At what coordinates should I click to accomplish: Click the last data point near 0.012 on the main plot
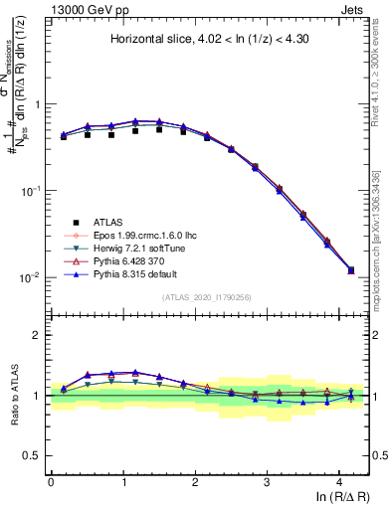(x=350, y=270)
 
